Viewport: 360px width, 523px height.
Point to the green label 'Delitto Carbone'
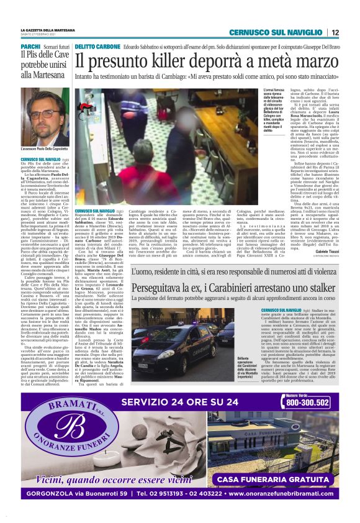[x=95, y=47]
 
